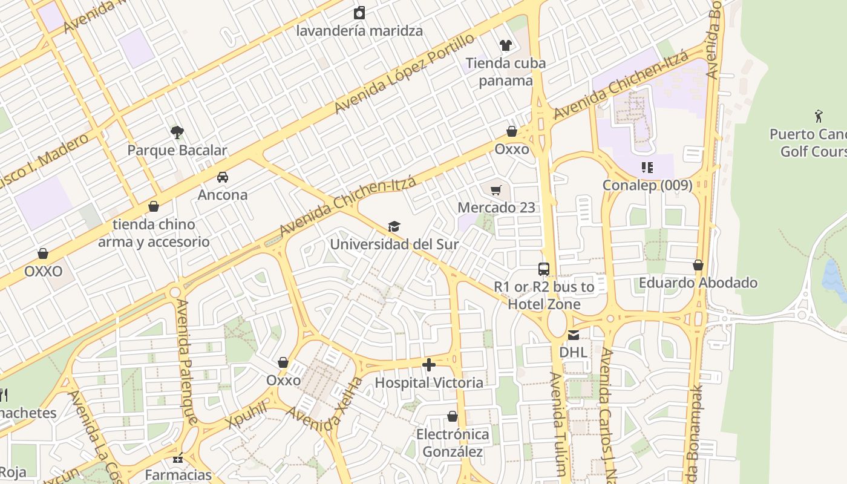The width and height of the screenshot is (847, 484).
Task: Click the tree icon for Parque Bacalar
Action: (177, 132)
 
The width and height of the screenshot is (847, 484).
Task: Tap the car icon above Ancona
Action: (223, 177)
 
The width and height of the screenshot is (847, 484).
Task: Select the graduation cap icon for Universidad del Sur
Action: (394, 226)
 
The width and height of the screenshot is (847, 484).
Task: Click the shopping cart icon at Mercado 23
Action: (496, 191)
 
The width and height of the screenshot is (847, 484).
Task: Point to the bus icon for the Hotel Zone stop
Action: (544, 269)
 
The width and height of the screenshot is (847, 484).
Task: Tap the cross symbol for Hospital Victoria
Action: (429, 365)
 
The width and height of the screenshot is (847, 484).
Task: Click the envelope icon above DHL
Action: (573, 335)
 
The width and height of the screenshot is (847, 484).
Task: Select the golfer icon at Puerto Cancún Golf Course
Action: (819, 116)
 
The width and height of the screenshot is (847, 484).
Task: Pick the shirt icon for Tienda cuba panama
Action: (505, 45)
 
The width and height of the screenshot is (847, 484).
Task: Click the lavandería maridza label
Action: (359, 30)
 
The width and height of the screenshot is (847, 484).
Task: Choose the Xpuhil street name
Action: (247, 414)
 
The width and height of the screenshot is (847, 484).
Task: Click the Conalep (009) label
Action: (647, 185)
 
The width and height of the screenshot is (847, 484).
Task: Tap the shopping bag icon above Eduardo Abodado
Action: (698, 265)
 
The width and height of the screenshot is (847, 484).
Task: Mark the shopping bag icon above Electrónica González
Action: (453, 416)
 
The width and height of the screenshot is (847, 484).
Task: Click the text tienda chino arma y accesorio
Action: (154, 233)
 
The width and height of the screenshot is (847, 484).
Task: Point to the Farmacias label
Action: (178, 475)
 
